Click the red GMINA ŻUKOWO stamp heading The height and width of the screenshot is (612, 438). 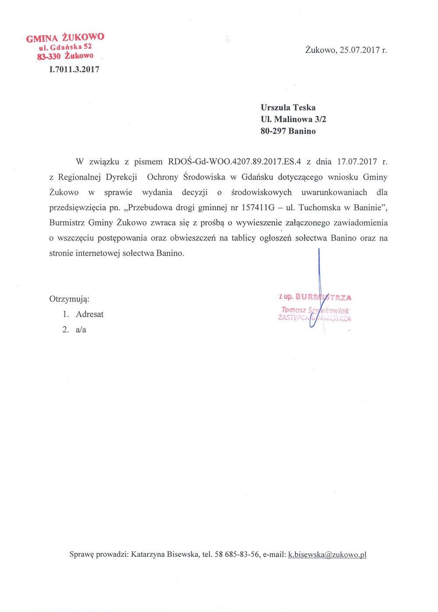(65, 38)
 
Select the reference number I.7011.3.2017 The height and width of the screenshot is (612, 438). (74, 69)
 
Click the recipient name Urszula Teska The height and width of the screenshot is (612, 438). (288, 107)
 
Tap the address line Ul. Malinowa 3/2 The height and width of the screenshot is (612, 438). (293, 119)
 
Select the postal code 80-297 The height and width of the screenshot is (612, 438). (273, 131)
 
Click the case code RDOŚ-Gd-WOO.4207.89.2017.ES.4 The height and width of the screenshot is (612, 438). (234, 162)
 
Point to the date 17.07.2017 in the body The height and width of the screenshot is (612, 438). (357, 162)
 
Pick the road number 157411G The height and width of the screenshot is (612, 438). (258, 208)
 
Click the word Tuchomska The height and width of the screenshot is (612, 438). (319, 208)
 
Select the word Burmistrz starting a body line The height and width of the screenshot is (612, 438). (67, 223)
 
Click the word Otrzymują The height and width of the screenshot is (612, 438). (69, 300)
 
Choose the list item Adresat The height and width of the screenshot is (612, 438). (89, 314)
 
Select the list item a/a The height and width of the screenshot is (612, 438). (81, 329)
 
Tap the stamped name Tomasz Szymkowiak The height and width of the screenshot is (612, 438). (314, 311)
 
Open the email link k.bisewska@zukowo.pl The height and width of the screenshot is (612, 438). (327, 555)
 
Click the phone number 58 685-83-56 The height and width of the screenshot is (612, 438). (237, 555)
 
